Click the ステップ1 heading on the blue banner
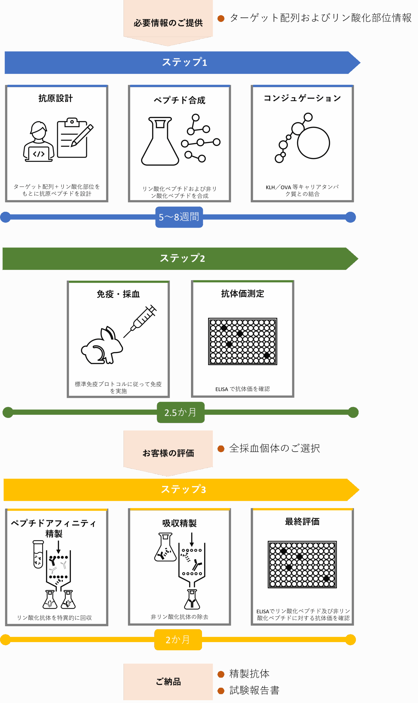(x=184, y=62)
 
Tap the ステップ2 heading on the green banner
(x=182, y=258)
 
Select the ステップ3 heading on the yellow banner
(x=183, y=489)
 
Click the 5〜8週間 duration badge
(x=179, y=217)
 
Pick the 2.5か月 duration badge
(x=181, y=412)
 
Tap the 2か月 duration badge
(x=178, y=640)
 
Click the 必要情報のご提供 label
(x=168, y=23)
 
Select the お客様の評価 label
(x=168, y=453)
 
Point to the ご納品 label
(x=168, y=682)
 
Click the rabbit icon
(x=102, y=347)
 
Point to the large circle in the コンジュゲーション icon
(x=313, y=143)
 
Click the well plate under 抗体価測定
(x=243, y=341)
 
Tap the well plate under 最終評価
(x=302, y=564)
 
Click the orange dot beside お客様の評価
(x=221, y=448)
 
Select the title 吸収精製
(x=179, y=523)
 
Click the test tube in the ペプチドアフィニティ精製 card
(x=38, y=554)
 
